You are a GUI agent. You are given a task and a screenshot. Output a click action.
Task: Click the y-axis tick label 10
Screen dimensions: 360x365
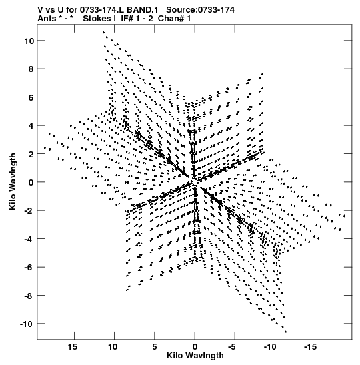pos(29,41)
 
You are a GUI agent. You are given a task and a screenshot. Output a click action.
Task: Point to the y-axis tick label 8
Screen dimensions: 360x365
pos(31,69)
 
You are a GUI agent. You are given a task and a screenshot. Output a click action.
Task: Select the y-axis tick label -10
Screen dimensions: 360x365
pos(27,324)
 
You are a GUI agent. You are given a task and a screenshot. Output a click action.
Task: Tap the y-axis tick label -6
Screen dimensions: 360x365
pos(29,267)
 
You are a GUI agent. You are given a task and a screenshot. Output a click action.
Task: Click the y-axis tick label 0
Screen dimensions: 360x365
pos(31,182)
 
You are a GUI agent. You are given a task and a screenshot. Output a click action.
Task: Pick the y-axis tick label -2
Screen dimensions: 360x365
pos(29,211)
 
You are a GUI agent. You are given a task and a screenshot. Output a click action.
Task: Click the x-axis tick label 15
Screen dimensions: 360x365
pos(72,347)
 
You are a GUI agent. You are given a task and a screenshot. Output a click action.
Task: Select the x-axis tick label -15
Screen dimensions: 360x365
pos(310,347)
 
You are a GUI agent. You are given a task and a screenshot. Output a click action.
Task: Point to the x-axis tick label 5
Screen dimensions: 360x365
pos(155,347)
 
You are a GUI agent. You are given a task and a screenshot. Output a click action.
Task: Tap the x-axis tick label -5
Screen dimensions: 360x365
pos(231,347)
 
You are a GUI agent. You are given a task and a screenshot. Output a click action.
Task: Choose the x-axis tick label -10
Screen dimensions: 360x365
pos(270,347)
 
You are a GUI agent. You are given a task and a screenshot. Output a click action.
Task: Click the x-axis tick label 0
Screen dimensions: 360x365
pos(195,347)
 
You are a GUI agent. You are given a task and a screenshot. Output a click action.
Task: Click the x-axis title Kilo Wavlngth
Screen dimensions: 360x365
pos(195,356)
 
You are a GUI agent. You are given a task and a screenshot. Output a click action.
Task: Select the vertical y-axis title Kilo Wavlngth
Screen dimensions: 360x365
pos(13,181)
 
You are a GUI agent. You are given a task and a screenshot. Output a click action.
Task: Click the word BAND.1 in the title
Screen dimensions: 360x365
pos(142,10)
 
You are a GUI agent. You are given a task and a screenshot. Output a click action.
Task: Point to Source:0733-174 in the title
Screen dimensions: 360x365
pos(200,10)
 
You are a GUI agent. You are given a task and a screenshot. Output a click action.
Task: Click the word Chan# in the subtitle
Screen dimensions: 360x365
pos(171,19)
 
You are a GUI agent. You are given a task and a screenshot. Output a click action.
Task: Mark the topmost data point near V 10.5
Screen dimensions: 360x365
pos(103,32)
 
